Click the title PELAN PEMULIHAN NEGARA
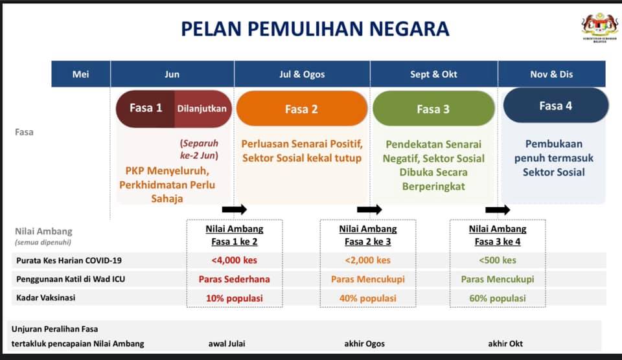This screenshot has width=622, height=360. [x=314, y=28]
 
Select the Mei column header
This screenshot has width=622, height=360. [x=80, y=74]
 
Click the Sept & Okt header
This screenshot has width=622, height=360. [x=433, y=74]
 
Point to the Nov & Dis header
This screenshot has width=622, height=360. [x=551, y=74]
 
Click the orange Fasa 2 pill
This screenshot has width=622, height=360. [x=301, y=109]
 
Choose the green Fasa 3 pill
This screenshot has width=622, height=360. [x=433, y=109]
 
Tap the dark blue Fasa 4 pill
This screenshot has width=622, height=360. [x=555, y=106]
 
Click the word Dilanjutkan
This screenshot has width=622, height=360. [x=202, y=108]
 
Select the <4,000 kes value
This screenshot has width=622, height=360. [x=235, y=260]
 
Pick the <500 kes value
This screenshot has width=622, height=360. [x=498, y=260]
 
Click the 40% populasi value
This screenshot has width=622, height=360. [x=367, y=298]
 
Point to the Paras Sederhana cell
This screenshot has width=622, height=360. [x=235, y=279]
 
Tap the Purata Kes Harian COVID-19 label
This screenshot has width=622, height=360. [x=69, y=260]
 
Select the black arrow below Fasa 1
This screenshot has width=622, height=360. [x=234, y=209]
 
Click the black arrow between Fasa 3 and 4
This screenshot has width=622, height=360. [x=498, y=209]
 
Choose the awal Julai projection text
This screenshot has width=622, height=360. [x=228, y=343]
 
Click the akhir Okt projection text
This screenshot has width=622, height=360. [x=505, y=343]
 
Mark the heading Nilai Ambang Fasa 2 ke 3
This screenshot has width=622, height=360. [x=367, y=235]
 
